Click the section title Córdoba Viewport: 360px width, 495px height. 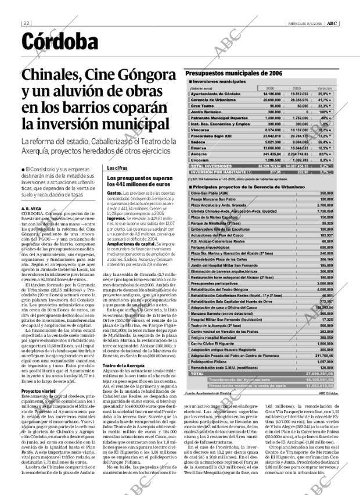point(60,42)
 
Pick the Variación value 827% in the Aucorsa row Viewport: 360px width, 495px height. point(325,153)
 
